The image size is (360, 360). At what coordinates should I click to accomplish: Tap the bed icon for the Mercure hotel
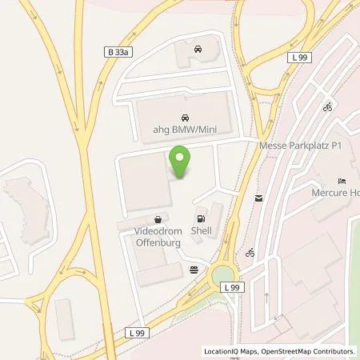342,180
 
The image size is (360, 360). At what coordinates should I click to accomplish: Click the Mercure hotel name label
335,193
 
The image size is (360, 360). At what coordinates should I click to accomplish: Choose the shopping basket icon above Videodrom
159,218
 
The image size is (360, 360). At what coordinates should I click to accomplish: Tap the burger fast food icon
194,270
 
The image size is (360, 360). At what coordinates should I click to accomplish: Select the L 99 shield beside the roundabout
231,287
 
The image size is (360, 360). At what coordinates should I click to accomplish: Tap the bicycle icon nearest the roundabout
251,254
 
